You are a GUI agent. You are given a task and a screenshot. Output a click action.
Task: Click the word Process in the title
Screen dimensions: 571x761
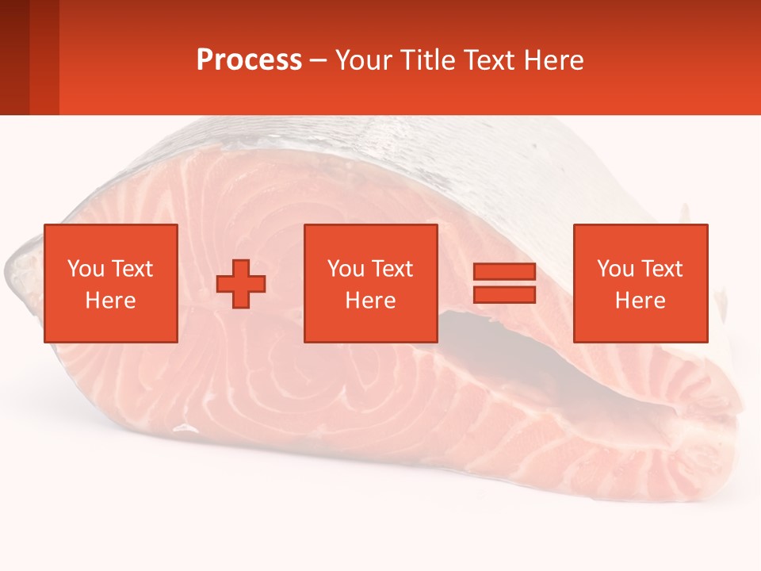tap(249, 60)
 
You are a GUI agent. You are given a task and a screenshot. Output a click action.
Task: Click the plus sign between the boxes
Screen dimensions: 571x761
tap(242, 284)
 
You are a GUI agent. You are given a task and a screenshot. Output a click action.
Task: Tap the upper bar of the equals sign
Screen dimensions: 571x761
tap(504, 271)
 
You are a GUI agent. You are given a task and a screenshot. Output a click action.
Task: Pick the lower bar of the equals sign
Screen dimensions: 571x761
tap(504, 295)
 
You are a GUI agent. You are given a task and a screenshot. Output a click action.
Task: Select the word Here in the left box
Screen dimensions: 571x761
tap(110, 301)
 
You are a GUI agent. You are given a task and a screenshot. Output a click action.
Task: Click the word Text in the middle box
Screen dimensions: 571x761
tap(392, 269)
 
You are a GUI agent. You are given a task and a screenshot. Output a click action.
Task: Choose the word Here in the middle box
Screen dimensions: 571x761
tap(370, 301)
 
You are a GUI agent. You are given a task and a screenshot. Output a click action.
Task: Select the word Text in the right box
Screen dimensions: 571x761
tap(661, 269)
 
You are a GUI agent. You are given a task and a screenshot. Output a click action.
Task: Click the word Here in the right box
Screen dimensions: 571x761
tap(640, 301)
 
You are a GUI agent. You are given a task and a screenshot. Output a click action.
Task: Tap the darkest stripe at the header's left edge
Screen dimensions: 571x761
tap(14, 57)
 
